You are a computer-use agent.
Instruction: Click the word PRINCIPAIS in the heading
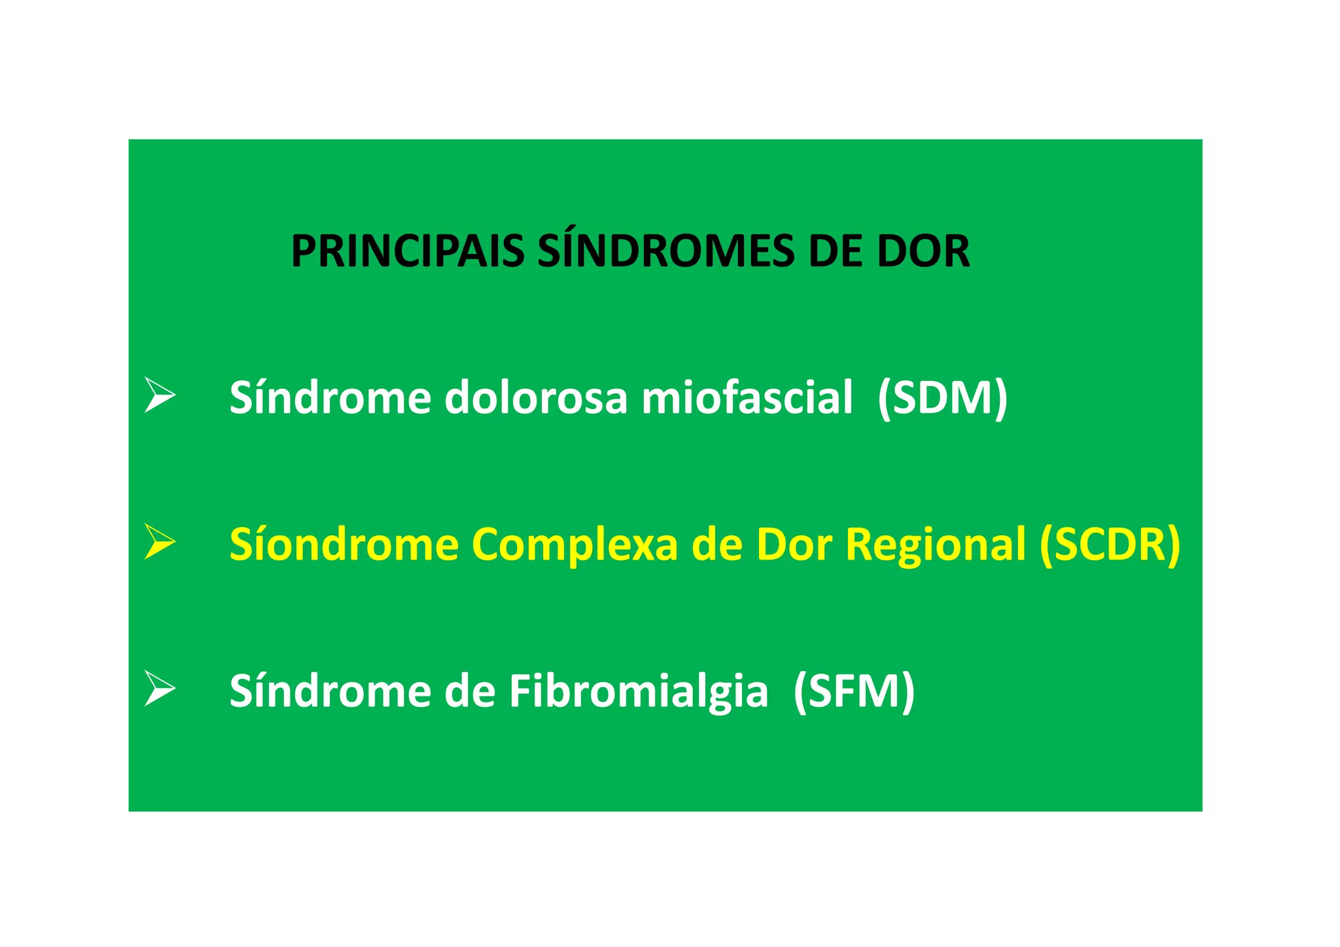click(x=407, y=252)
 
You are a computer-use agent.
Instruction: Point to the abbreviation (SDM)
click(x=942, y=398)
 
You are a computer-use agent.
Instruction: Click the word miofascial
click(x=747, y=398)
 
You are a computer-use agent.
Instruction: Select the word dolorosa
click(x=536, y=398)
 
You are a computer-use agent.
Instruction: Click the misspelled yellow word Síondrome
click(x=344, y=545)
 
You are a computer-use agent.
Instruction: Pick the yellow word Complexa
click(x=574, y=545)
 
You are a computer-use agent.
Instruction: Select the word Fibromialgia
click(x=639, y=692)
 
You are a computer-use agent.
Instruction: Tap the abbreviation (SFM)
click(x=853, y=692)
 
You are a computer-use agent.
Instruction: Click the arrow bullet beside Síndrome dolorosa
click(x=160, y=395)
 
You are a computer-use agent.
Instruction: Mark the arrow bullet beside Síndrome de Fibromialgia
click(x=160, y=688)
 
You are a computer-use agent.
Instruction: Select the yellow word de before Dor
click(x=717, y=545)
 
